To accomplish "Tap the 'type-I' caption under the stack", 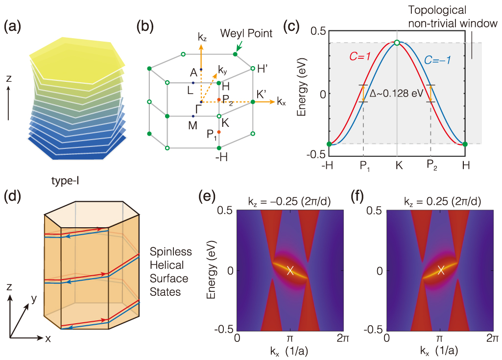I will click(66, 180).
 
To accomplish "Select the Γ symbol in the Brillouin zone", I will click(198, 108).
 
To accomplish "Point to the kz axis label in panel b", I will click(203, 37).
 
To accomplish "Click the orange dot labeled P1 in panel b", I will click(219, 132).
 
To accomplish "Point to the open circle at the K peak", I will click(397, 43).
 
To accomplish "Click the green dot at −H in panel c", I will click(329, 144).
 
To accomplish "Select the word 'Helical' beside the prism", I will click(167, 265).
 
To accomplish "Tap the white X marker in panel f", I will click(441, 270).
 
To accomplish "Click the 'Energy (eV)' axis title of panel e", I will click(213, 270).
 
